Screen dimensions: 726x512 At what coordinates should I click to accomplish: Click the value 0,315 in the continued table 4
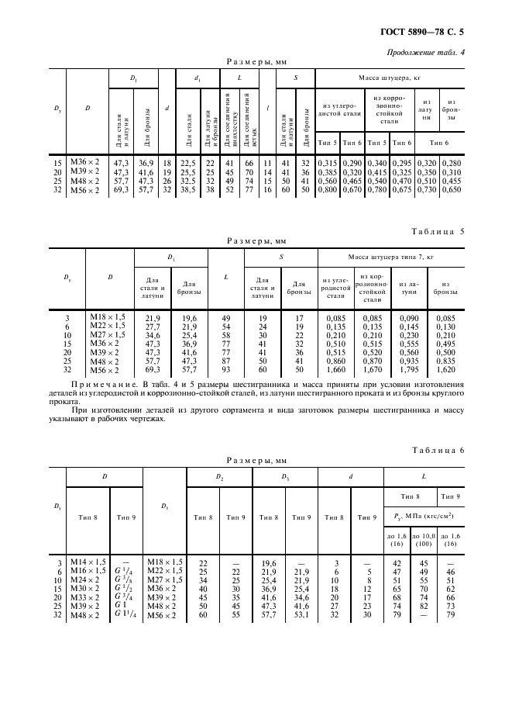pyautogui.click(x=328, y=162)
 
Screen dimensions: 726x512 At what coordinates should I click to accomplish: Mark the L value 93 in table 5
pyautogui.click(x=225, y=371)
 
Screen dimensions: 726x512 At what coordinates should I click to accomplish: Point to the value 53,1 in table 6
pyautogui.click(x=301, y=616)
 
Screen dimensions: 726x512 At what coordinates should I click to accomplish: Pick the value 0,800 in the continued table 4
pyautogui.click(x=328, y=190)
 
